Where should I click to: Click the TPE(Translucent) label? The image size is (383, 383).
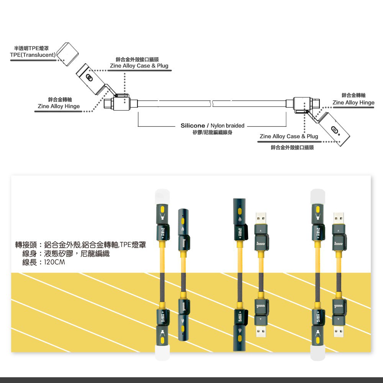click(x=33, y=55)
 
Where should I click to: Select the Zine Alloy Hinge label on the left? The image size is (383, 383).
click(x=59, y=106)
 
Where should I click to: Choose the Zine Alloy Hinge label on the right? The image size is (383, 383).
click(x=354, y=102)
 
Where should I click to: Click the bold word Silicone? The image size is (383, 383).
click(x=193, y=126)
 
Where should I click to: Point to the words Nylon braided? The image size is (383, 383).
click(x=228, y=126)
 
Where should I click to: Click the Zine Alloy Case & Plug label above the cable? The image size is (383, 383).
click(x=139, y=66)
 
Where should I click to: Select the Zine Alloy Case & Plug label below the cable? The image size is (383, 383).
click(x=289, y=136)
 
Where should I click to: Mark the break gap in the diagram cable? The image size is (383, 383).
click(x=211, y=103)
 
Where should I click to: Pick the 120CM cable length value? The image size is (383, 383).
click(x=54, y=262)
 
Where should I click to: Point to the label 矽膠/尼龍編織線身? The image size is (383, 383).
click(x=213, y=133)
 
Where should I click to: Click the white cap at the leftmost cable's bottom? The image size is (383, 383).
click(x=162, y=352)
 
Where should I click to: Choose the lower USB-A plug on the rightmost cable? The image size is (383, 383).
click(x=339, y=329)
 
